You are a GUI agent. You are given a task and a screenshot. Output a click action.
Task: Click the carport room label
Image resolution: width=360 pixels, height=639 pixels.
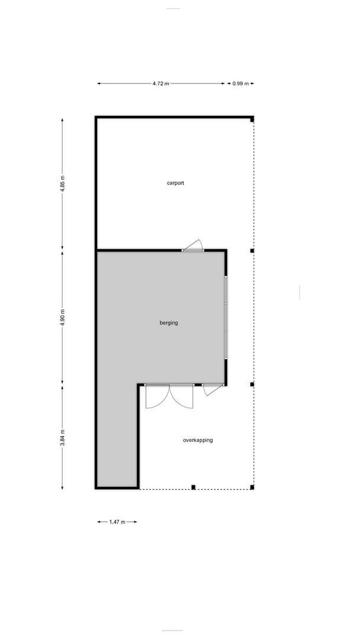(x=175, y=183)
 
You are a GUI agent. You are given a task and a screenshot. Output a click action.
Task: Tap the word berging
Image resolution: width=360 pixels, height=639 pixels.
(x=169, y=323)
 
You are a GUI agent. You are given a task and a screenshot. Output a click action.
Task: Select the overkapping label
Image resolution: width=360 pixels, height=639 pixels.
(x=198, y=440)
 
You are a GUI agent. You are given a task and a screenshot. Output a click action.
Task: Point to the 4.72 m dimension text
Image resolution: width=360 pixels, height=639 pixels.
(x=160, y=84)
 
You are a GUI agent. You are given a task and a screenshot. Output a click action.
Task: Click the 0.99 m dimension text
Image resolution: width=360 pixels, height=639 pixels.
(x=240, y=84)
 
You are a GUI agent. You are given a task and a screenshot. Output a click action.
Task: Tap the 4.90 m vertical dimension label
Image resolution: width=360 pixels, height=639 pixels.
(x=63, y=317)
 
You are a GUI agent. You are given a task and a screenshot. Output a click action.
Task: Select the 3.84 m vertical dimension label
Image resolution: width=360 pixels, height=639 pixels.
(x=63, y=438)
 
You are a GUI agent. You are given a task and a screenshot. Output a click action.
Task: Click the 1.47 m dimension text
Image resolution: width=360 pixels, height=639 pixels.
(x=117, y=522)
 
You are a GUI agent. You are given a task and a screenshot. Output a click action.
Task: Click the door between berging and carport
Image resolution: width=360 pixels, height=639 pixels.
(x=193, y=247)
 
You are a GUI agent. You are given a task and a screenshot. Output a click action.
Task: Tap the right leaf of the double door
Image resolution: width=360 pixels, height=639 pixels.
(x=182, y=396)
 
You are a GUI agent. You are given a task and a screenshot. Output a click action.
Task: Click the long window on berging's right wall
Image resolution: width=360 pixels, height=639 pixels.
(x=225, y=317)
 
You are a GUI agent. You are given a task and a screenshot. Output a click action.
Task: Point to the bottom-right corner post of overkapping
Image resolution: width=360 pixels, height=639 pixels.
(x=252, y=487)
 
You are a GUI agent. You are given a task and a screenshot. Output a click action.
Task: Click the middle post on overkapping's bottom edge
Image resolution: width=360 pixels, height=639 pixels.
(x=193, y=487)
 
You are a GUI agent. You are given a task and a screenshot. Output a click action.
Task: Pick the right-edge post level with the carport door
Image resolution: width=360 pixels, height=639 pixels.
(x=252, y=251)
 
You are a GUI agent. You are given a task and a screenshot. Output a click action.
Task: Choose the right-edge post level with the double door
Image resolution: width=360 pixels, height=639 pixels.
(x=252, y=385)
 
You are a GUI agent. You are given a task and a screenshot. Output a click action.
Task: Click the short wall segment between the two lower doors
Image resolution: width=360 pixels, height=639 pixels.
(x=198, y=385)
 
